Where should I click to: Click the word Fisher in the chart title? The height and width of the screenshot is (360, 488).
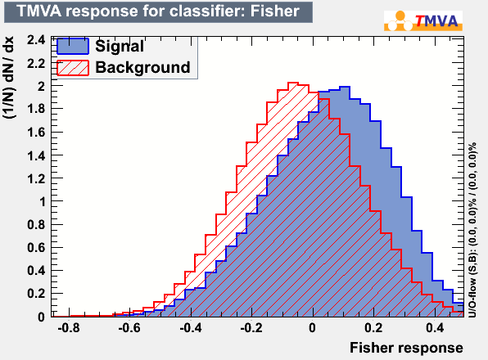tap(274, 11)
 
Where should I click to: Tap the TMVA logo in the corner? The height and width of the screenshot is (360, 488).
tap(423, 20)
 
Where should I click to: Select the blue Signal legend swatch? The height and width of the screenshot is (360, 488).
tap(73, 47)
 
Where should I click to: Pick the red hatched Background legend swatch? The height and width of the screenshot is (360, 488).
tap(73, 68)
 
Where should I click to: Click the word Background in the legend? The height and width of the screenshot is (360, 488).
tap(142, 67)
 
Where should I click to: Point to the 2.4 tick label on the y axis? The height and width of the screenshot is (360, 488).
tap(36, 40)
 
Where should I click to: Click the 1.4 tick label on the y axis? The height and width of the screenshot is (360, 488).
tap(36, 155)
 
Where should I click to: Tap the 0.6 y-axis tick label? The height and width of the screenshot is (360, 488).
tap(36, 248)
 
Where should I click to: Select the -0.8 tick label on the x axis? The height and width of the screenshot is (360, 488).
tap(69, 327)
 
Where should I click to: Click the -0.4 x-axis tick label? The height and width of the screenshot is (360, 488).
tap(191, 327)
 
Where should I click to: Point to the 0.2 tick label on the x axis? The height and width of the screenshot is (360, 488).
tap(373, 327)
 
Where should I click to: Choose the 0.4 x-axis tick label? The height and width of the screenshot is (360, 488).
tap(435, 327)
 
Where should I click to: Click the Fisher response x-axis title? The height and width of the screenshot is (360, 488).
tap(406, 348)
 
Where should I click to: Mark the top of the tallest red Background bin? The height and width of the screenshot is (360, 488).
tap(293, 83)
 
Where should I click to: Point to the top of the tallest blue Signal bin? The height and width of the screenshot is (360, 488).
tap(345, 87)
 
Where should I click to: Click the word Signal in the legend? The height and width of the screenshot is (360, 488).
tap(120, 46)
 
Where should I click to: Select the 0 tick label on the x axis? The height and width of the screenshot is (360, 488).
tap(313, 327)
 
